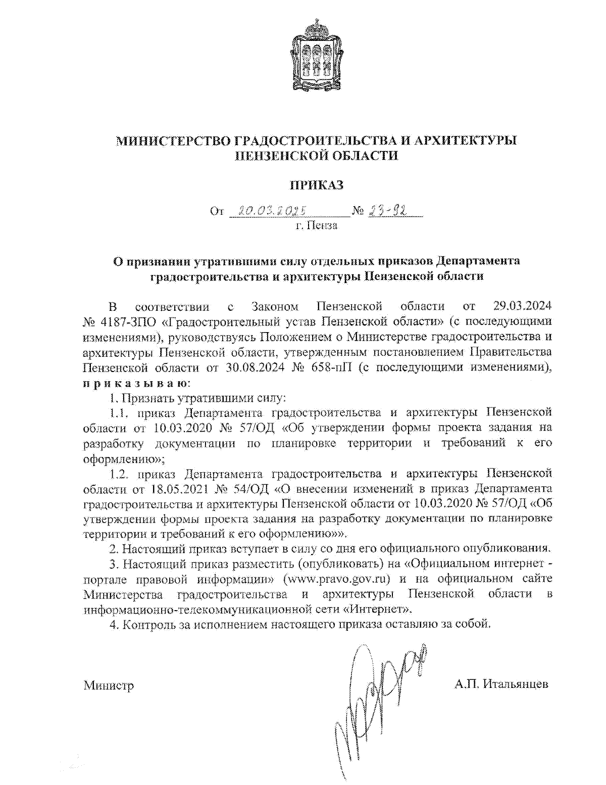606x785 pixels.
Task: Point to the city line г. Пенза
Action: tap(316, 225)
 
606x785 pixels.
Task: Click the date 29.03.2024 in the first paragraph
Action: tap(521, 306)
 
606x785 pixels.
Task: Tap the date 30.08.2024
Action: tap(255, 367)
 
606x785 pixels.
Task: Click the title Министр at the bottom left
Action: tap(109, 685)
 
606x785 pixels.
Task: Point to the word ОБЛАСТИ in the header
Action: tap(360, 156)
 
